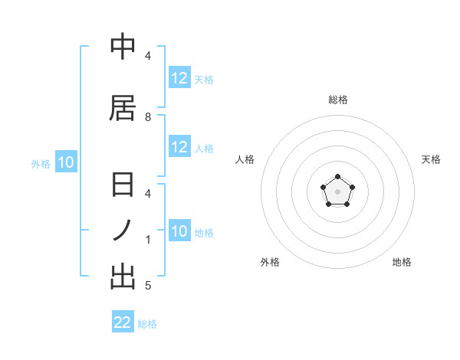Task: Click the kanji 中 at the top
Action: (x=123, y=47)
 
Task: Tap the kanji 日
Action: (x=123, y=186)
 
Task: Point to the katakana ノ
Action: (x=123, y=230)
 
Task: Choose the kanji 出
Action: (x=123, y=276)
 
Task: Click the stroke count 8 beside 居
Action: (x=148, y=117)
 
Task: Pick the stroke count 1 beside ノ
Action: (x=148, y=240)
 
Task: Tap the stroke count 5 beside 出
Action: (x=148, y=286)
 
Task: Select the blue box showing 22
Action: (x=123, y=322)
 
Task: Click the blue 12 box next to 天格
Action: (x=179, y=78)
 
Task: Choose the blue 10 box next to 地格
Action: (x=179, y=231)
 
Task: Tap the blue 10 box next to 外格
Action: (x=65, y=162)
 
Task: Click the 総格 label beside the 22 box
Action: (x=147, y=324)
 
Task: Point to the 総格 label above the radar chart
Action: (x=338, y=100)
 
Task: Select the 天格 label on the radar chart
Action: (x=431, y=159)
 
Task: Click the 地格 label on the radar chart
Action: (x=402, y=262)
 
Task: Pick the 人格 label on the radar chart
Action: (x=245, y=159)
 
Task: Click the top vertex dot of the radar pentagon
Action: (x=338, y=178)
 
